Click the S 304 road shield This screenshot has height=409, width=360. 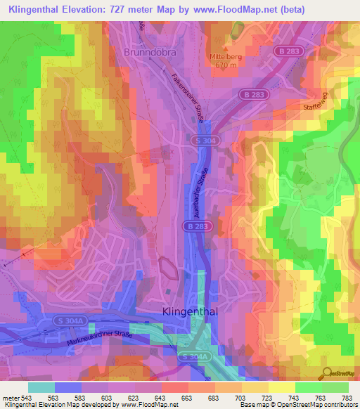click(x=202, y=141)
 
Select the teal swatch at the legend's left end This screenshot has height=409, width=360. click(x=41, y=387)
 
